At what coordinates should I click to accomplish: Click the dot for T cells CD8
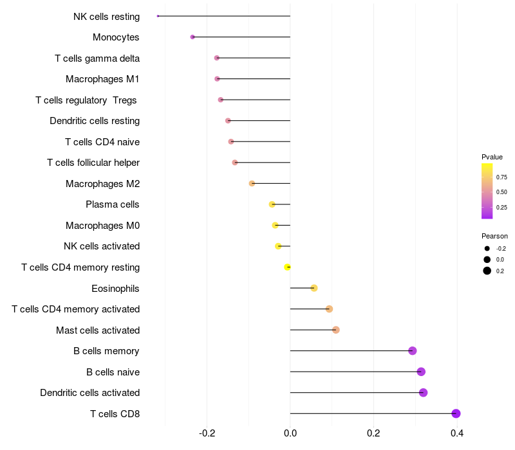tap(456, 413)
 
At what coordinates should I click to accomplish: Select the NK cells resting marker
tap(158, 16)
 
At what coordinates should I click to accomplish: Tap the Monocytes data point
tap(192, 37)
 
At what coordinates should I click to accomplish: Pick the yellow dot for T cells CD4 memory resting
tap(288, 267)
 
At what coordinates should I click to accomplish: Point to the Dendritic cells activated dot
tap(423, 393)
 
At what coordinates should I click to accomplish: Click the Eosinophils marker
tap(314, 288)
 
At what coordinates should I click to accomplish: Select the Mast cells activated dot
tap(335, 330)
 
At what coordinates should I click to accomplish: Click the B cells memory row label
tap(106, 351)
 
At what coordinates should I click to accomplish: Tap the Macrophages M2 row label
tap(102, 184)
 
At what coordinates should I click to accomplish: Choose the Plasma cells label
tap(113, 204)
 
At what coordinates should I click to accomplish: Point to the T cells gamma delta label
tap(97, 59)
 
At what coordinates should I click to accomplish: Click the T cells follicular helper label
tap(93, 163)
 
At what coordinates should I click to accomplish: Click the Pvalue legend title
tap(492, 157)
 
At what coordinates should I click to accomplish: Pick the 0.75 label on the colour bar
tap(501, 177)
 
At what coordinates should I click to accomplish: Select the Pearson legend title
tap(494, 236)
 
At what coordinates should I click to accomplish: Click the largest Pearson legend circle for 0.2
tap(487, 271)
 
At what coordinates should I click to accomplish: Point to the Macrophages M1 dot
tap(217, 79)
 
